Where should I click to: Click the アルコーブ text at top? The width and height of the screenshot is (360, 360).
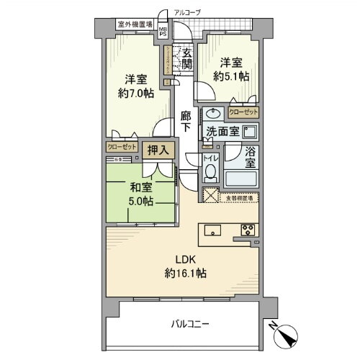(188, 12)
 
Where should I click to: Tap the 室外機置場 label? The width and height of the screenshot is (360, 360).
(135, 25)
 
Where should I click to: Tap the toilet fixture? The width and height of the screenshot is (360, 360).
(210, 171)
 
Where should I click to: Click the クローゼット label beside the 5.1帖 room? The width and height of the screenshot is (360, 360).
(242, 112)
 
